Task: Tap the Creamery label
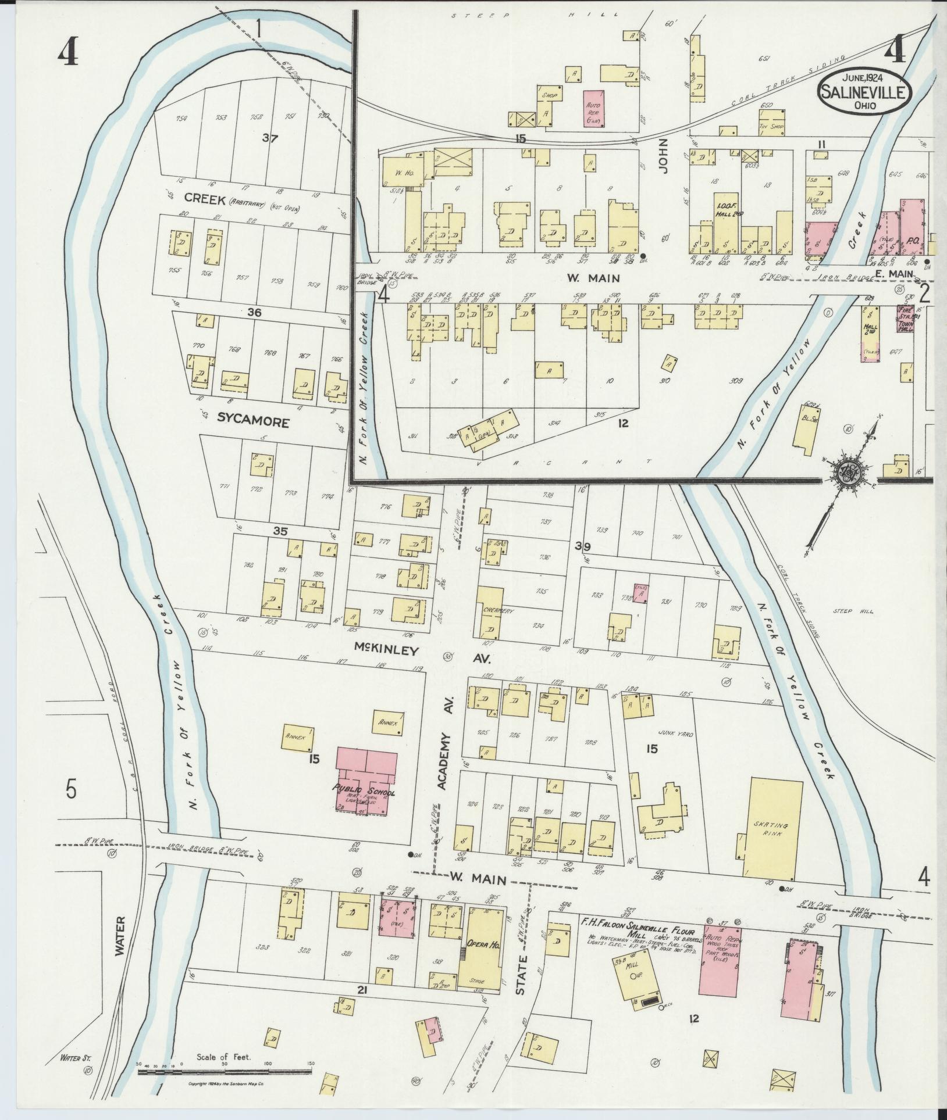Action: pos(490,611)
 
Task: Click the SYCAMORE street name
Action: pos(253,423)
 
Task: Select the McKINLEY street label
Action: pos(387,650)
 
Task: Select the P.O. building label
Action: pos(912,240)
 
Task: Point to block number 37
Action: pos(270,139)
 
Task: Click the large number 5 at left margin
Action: pos(71,790)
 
